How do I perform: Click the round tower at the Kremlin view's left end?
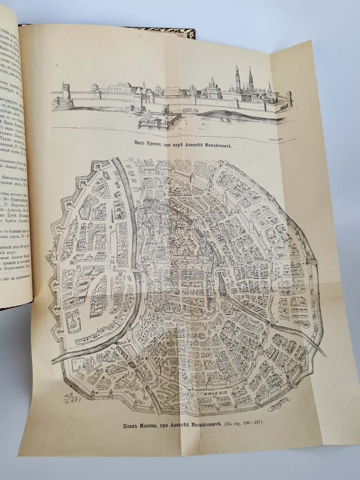click(x=65, y=97)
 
